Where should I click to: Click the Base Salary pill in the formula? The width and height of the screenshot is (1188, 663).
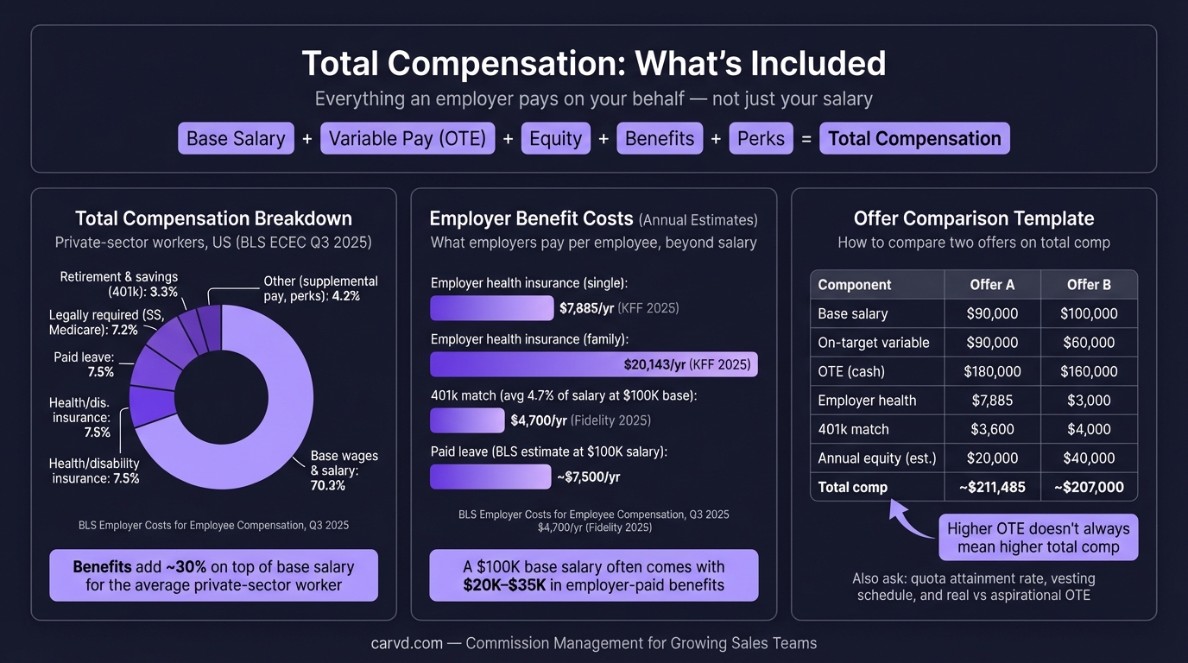[x=235, y=139]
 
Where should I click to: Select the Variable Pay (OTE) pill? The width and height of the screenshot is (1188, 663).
[x=408, y=139]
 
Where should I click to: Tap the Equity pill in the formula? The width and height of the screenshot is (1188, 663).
[x=555, y=139]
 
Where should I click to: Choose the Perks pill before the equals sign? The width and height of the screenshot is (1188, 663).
[x=761, y=139]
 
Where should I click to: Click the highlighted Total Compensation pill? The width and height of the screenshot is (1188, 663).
[x=914, y=139]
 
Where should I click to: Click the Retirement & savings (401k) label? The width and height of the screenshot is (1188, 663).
[x=119, y=284]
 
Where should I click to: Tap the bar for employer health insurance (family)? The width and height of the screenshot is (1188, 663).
[x=593, y=364]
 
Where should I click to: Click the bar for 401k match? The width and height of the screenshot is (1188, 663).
[x=467, y=420]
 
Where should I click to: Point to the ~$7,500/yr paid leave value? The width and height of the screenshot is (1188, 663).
[x=589, y=477]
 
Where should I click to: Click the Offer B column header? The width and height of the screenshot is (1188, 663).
[x=1089, y=285]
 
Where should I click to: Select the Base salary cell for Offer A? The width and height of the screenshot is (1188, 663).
[x=992, y=314]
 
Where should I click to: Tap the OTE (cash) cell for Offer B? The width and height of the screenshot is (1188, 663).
[x=1089, y=372]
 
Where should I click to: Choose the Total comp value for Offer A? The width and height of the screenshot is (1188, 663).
[x=992, y=487]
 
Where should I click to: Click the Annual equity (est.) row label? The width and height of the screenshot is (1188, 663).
[x=876, y=458]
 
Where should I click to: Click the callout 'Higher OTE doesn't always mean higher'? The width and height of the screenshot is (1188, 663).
[x=1038, y=538]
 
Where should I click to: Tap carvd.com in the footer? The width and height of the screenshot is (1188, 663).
[x=407, y=643]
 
